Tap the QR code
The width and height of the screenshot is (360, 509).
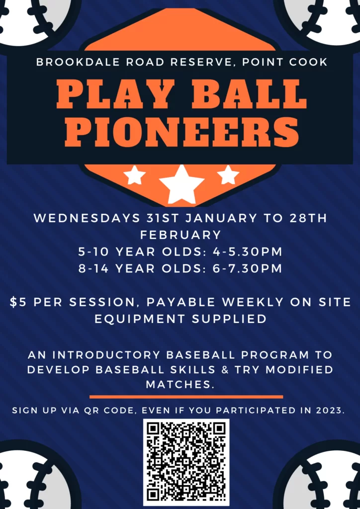[186, 462]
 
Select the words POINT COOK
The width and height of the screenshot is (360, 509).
[285, 62]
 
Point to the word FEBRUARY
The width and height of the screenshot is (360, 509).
[180, 235]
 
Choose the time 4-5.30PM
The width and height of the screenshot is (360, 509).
[248, 252]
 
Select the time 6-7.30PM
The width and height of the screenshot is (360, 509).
[248, 269]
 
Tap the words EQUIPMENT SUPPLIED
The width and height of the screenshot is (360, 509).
[180, 319]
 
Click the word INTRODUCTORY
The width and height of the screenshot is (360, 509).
[106, 355]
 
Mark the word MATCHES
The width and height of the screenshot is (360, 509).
[180, 385]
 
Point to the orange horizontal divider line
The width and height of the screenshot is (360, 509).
[186, 397]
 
